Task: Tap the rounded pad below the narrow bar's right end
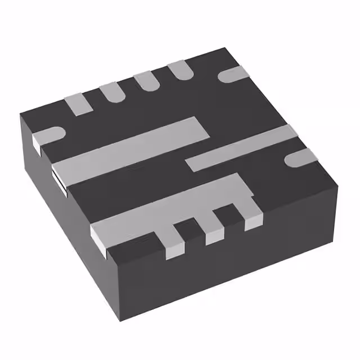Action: [x=298, y=158]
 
